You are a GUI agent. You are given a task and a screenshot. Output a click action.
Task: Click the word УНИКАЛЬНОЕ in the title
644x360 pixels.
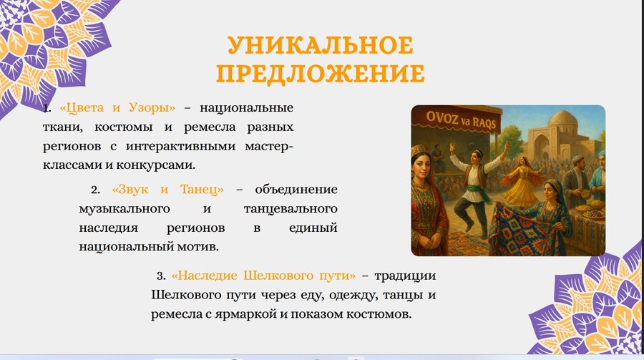(321, 45)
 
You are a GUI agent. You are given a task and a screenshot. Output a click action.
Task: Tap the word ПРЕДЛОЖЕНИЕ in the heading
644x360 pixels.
(321, 74)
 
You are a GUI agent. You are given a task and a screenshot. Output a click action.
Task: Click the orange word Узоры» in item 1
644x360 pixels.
(152, 108)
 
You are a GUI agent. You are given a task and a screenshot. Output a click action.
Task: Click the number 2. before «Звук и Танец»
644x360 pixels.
(96, 190)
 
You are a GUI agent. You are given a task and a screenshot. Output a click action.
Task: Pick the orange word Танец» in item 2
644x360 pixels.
(202, 190)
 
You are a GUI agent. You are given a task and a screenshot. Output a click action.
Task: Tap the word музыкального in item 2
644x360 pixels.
(125, 209)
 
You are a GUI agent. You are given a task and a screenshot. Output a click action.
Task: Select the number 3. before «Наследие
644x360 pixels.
(161, 276)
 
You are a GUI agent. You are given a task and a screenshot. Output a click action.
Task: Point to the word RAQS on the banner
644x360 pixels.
(484, 122)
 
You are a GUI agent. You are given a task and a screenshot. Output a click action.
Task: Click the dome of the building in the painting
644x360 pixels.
(562, 120)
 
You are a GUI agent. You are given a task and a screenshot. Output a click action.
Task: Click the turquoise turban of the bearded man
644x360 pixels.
(601, 155)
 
